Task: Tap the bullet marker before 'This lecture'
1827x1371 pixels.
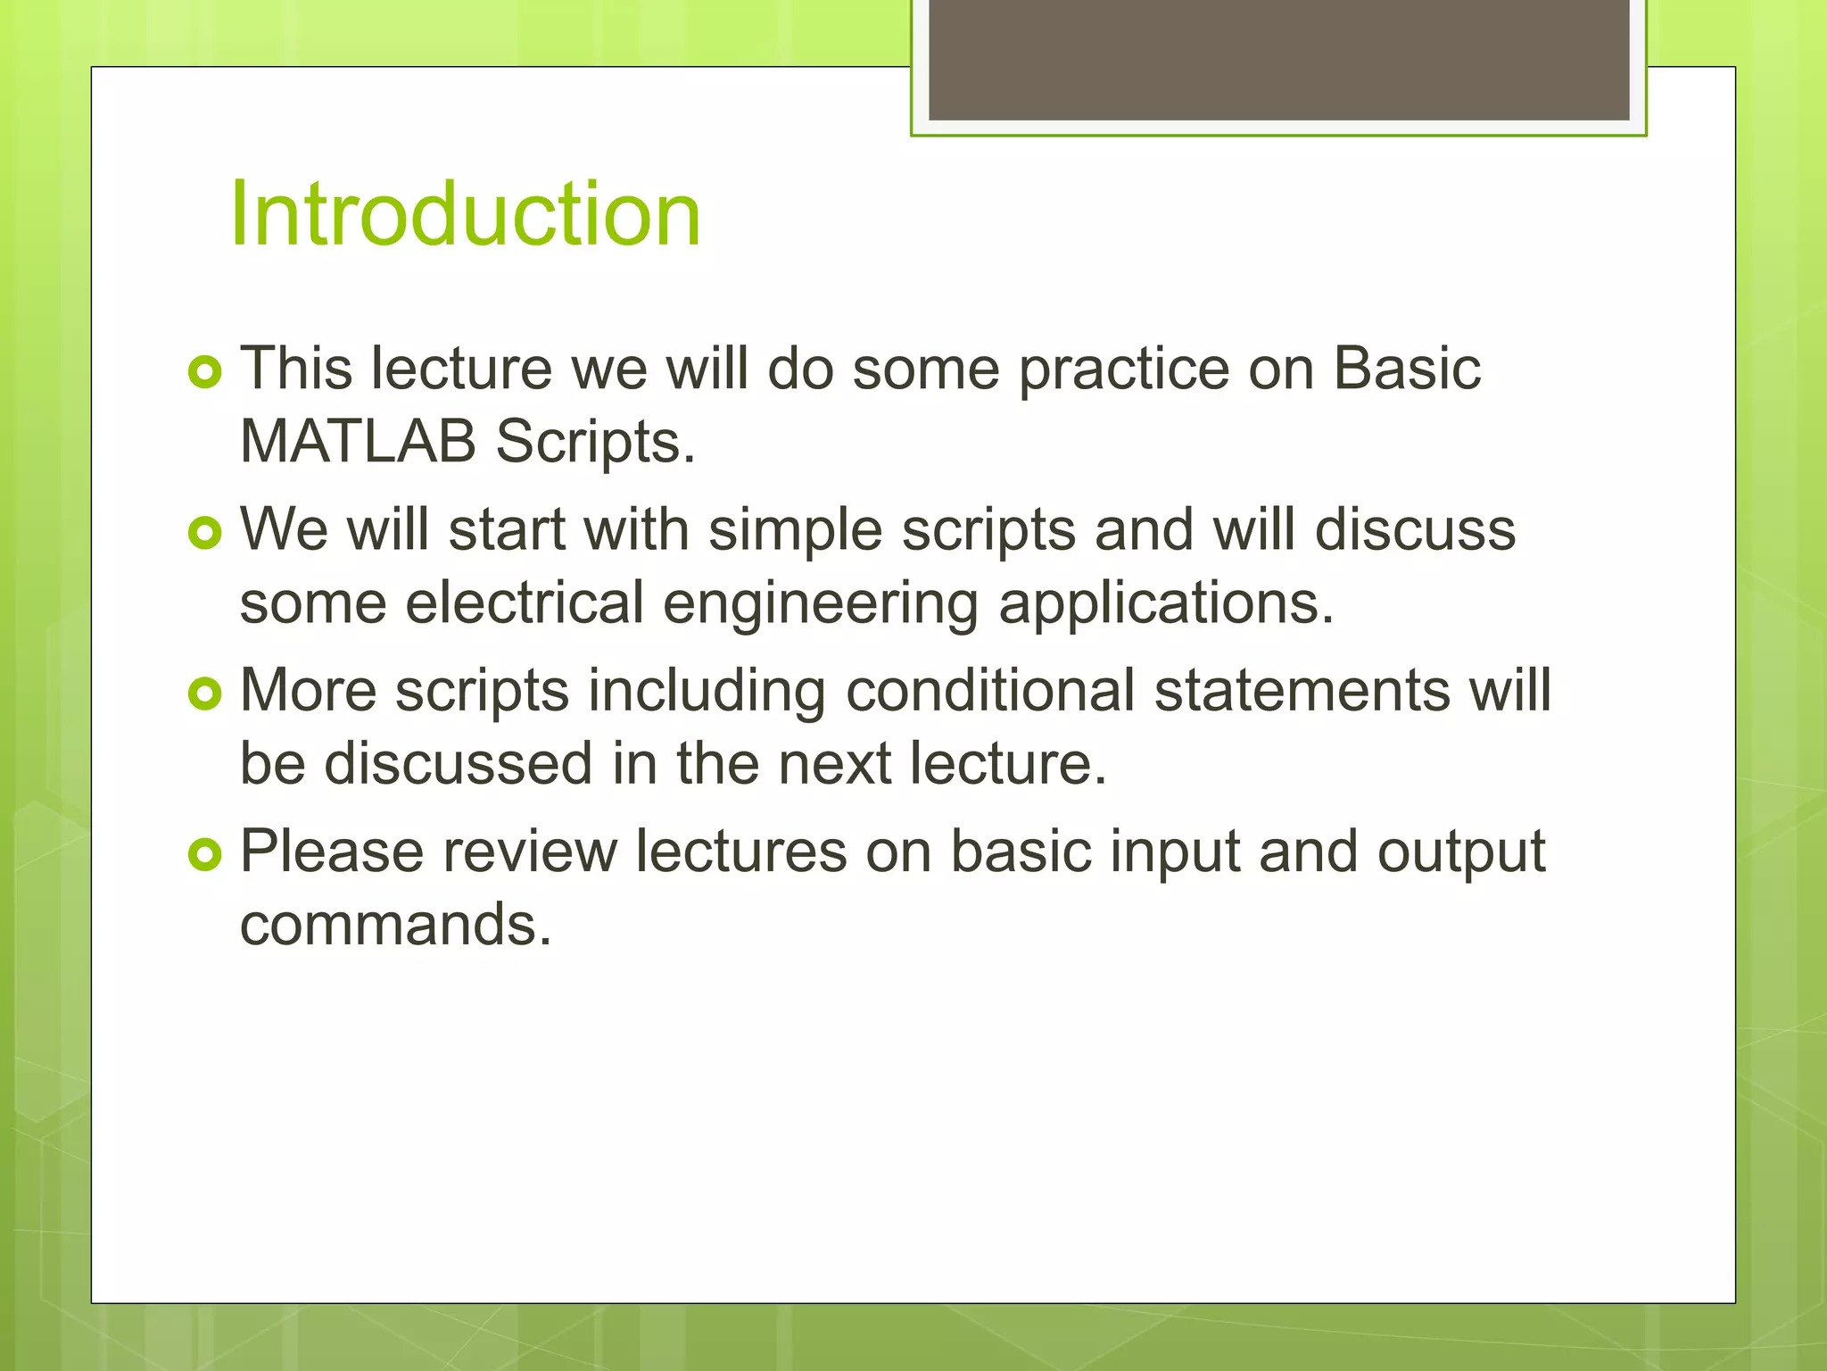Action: pyautogui.click(x=205, y=372)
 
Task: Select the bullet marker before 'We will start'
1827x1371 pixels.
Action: pyautogui.click(x=205, y=534)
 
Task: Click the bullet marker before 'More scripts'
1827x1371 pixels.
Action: pyautogui.click(x=205, y=694)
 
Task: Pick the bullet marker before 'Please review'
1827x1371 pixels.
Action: pyautogui.click(x=205, y=855)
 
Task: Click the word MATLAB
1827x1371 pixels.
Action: pyautogui.click(x=358, y=441)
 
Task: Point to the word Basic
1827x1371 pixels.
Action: pyautogui.click(x=1407, y=368)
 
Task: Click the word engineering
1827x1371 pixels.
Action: pyautogui.click(x=821, y=603)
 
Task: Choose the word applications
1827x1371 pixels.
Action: pyautogui.click(x=1166, y=603)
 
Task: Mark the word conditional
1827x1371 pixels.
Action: pyautogui.click(x=990, y=690)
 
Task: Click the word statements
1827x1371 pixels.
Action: pyautogui.click(x=1302, y=690)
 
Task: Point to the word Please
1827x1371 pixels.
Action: pyautogui.click(x=332, y=851)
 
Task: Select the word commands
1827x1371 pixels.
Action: pyautogui.click(x=395, y=924)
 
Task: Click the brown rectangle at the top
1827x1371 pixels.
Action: pyautogui.click(x=1278, y=59)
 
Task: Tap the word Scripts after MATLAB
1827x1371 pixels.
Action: pyautogui.click(x=594, y=443)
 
